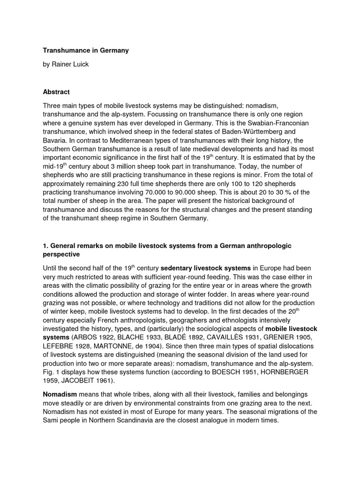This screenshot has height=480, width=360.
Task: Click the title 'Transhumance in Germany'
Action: (x=85, y=50)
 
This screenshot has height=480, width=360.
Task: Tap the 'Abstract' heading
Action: (x=57, y=92)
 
